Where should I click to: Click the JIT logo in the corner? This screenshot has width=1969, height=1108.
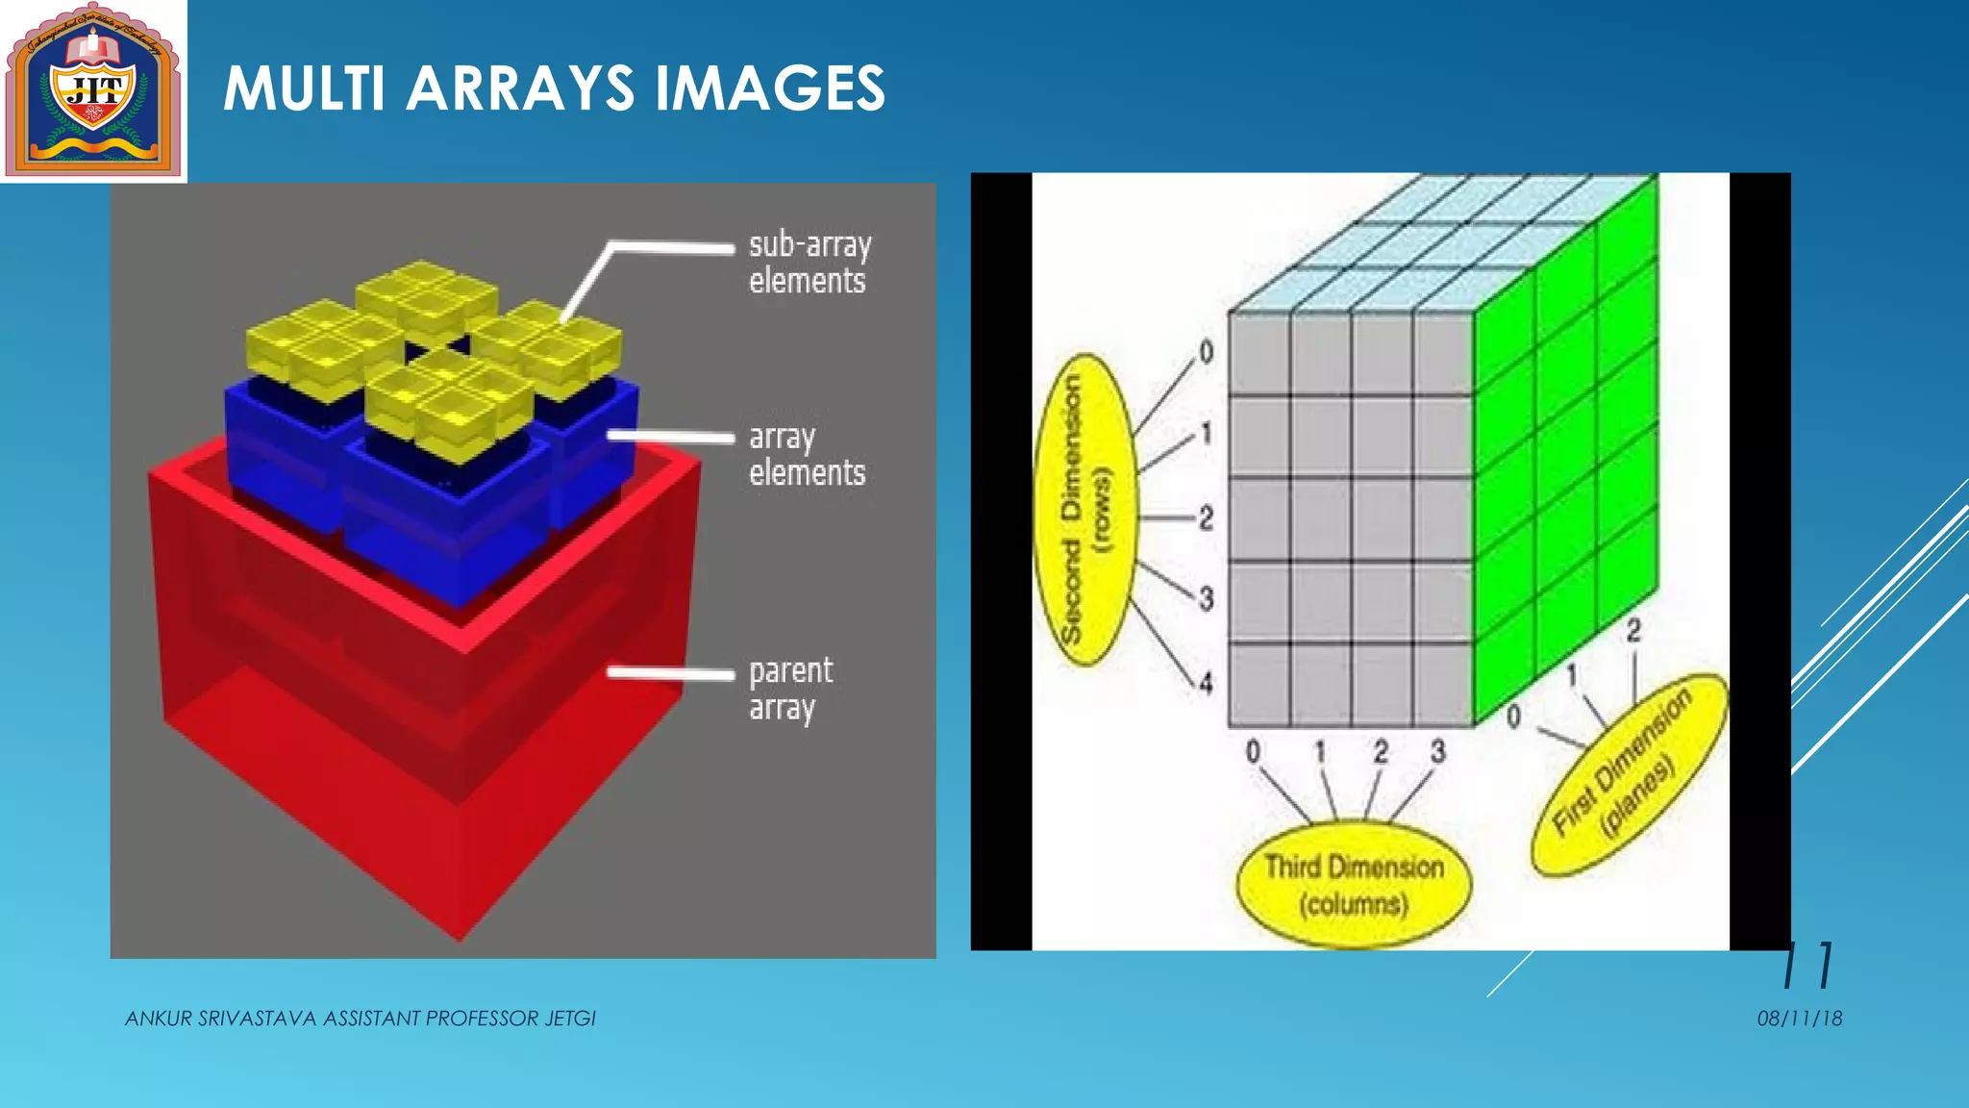click(93, 91)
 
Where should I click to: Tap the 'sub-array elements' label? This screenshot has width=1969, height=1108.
click(809, 262)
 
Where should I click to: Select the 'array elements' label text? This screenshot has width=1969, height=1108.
click(807, 454)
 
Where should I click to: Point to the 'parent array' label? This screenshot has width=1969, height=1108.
click(790, 688)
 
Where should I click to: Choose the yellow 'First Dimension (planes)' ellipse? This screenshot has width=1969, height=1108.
click(1627, 775)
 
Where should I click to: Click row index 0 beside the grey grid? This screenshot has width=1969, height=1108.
click(1207, 352)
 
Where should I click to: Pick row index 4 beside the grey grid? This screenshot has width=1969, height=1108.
click(1206, 683)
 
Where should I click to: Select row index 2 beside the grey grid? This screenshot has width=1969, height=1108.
click(1206, 518)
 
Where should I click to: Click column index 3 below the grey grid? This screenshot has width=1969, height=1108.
click(1437, 751)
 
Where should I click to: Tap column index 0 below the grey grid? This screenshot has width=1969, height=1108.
click(1253, 751)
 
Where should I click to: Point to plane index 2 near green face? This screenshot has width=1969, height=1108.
click(1633, 631)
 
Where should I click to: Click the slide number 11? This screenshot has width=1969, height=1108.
click(1808, 966)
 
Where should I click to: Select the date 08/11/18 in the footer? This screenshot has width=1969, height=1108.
click(1799, 1019)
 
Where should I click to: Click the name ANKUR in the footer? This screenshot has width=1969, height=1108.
click(158, 1019)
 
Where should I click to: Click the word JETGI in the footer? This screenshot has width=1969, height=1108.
click(570, 1019)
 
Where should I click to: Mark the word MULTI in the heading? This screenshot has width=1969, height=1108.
click(304, 88)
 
